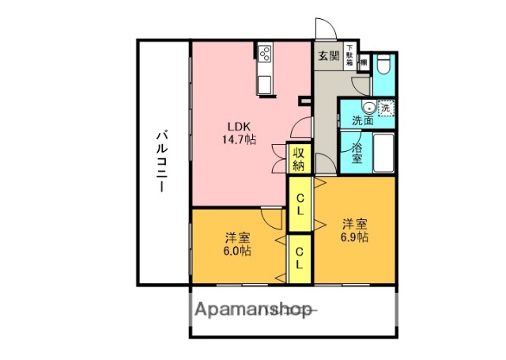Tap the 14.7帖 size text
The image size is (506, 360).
pyautogui.click(x=238, y=139)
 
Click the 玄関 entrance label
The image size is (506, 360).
pyautogui.click(x=329, y=56)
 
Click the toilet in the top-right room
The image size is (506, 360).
pyautogui.click(x=384, y=63)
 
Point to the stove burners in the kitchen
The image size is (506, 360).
pyautogui.click(x=264, y=55)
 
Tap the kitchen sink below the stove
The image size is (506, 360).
pyautogui.click(x=264, y=81)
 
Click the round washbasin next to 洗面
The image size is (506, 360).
pyautogui.click(x=368, y=108)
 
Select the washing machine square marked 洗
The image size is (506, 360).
pyautogui.click(x=385, y=108)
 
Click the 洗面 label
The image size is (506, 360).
pyautogui.click(x=364, y=121)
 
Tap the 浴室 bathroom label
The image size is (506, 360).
pyautogui.click(x=357, y=152)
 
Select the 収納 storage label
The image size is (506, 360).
pyautogui.click(x=298, y=159)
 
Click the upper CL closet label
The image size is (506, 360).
pyautogui.click(x=301, y=204)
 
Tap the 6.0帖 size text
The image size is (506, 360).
pyautogui.click(x=235, y=251)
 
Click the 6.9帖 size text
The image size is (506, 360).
pyautogui.click(x=353, y=237)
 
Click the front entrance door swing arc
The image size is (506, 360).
pyautogui.click(x=327, y=28)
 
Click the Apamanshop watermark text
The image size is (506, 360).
pyautogui.click(x=253, y=309)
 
